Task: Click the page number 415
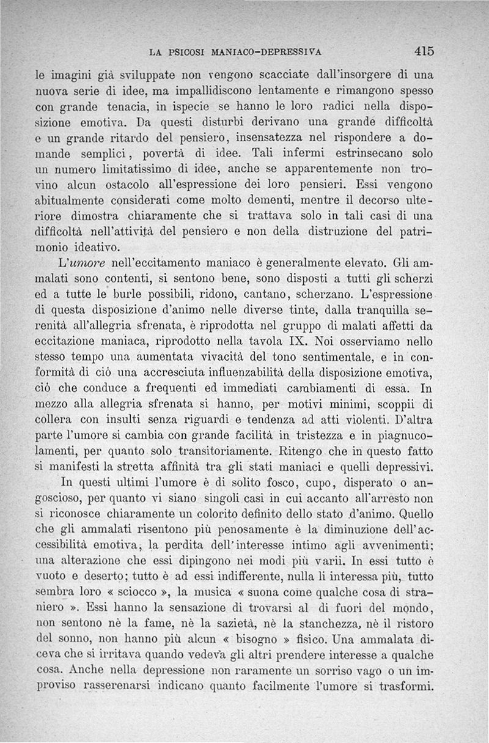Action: (423, 51)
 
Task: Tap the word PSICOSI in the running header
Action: (183, 52)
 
